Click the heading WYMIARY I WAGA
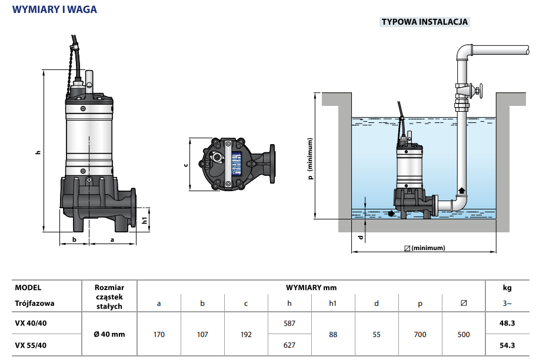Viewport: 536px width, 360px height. (55, 9)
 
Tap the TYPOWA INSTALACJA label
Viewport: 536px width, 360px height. (425, 22)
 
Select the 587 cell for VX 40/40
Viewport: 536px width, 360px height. (289, 323)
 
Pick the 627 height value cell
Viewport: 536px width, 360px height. (289, 345)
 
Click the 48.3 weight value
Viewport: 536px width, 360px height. (507, 323)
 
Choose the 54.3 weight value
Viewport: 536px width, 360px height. (507, 345)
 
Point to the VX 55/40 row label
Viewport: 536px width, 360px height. (31, 345)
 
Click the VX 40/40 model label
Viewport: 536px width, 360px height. (31, 323)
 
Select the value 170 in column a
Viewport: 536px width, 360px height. (159, 334)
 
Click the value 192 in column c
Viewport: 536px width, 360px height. (246, 334)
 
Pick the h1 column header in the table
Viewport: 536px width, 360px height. (333, 304)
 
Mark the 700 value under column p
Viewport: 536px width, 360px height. (420, 334)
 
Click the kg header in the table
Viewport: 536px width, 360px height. (507, 288)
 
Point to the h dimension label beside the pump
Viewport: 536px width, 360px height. (38, 152)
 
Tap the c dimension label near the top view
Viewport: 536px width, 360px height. (186, 165)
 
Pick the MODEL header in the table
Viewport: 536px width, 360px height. (28, 288)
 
